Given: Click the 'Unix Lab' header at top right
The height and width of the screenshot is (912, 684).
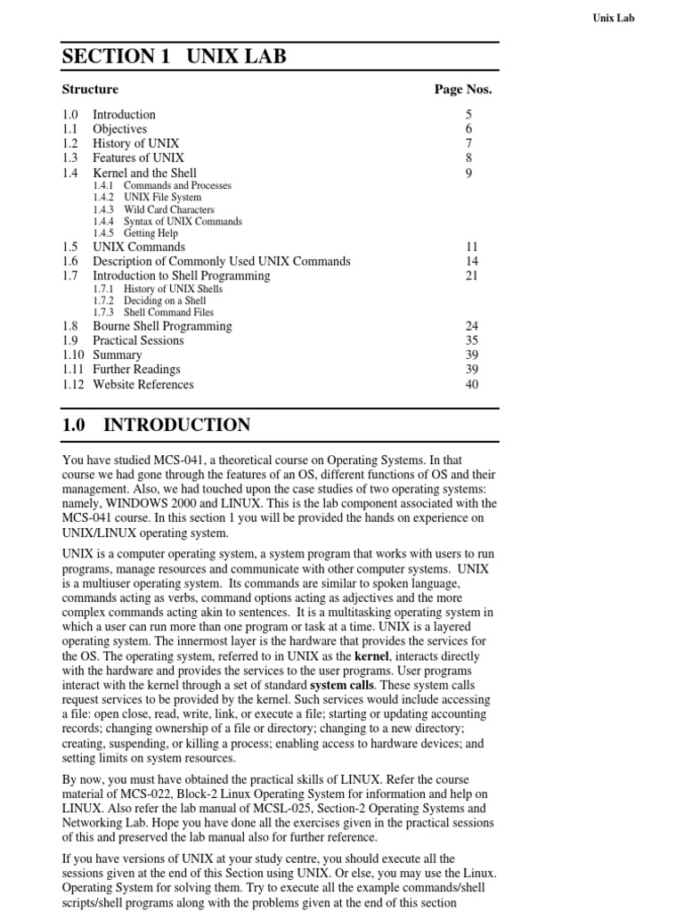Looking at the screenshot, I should (x=613, y=17).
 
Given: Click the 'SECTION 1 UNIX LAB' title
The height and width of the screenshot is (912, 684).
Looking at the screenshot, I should (x=174, y=57).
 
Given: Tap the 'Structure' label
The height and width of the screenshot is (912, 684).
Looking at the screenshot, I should (x=90, y=89).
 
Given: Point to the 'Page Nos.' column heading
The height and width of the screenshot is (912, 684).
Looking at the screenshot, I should (x=462, y=89).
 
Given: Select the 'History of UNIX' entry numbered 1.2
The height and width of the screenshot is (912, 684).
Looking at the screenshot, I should (x=135, y=143).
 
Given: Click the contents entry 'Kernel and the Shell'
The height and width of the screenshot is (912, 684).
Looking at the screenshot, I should (x=144, y=173).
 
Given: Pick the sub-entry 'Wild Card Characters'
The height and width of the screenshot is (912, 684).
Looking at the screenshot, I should (x=168, y=209).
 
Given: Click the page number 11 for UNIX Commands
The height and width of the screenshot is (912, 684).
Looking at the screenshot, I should (x=472, y=247).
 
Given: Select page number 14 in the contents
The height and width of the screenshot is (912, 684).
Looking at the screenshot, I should (x=472, y=261).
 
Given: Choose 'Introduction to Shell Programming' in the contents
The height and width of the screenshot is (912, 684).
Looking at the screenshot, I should (x=182, y=276).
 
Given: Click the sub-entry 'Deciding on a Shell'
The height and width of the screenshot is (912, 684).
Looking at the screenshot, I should (x=165, y=301).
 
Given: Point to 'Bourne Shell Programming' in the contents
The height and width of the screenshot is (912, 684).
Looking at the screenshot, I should (x=162, y=326).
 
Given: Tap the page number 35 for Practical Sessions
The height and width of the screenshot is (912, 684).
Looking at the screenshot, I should (x=472, y=340).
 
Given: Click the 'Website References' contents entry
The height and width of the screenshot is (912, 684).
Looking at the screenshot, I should (x=142, y=385).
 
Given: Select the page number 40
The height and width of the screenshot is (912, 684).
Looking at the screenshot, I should (x=472, y=385).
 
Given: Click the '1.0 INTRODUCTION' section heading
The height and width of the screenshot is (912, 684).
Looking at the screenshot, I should (x=156, y=425).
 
